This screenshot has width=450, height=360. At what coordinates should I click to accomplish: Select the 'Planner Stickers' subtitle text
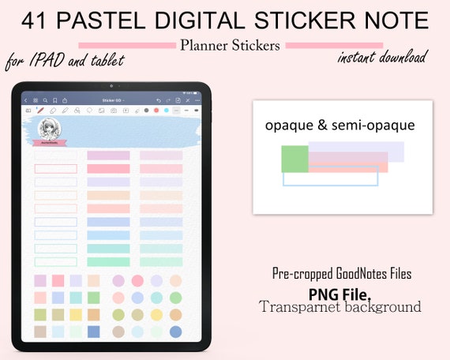point(230,45)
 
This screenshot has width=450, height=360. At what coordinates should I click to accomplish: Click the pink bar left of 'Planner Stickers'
point(127,45)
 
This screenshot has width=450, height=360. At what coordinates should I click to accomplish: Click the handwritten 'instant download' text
point(383,58)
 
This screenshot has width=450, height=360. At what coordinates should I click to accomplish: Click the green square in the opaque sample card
point(294,159)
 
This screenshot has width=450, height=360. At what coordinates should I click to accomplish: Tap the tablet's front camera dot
point(112,85)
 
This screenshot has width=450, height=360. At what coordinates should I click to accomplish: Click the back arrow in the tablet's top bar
point(25,100)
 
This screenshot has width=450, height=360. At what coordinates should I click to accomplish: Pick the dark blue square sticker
point(94,332)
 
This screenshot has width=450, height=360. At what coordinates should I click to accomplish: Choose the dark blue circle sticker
point(176,332)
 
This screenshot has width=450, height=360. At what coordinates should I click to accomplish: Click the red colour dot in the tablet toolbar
point(156,111)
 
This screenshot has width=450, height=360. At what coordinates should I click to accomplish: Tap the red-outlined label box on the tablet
point(56,168)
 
